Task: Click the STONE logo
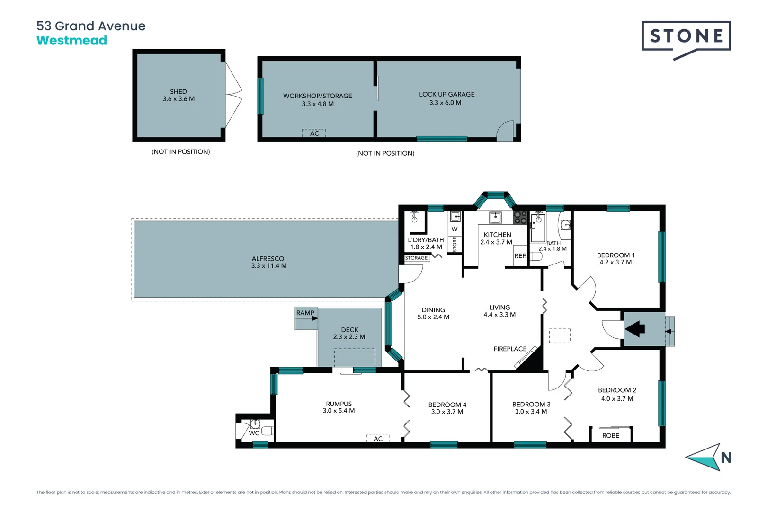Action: [x=686, y=36]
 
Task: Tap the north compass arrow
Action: [x=706, y=457]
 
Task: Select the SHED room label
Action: [x=178, y=91]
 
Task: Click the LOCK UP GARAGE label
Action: [x=446, y=94]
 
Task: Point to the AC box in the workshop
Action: [x=314, y=133]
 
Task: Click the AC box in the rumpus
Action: [x=378, y=439]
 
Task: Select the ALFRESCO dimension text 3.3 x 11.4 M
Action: [x=269, y=266]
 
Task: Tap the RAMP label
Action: [x=305, y=313]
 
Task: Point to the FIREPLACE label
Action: [x=510, y=349]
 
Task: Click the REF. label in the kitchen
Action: [x=520, y=256]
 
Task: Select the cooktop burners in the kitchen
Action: [x=520, y=218]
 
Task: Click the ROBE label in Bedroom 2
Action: [x=610, y=435]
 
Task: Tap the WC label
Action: [x=254, y=433]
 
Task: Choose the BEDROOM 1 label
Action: [x=615, y=255]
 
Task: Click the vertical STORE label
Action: [x=455, y=244]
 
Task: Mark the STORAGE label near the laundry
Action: [x=416, y=258]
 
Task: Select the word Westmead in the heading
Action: [x=72, y=41]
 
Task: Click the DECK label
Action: [x=349, y=330]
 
